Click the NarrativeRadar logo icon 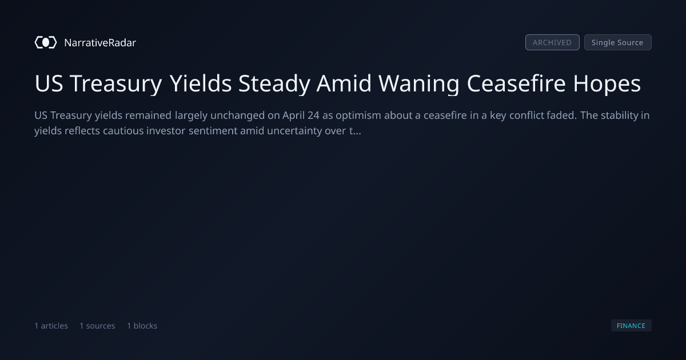pos(46,42)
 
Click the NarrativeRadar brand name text pos(100,43)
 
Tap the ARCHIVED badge pos(552,42)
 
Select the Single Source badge pos(618,42)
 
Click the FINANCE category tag pos(631,325)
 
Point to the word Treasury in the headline pos(115,84)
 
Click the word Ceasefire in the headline pos(516,83)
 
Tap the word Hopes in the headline pos(607,84)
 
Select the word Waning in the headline pos(419,84)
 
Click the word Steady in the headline pos(274,84)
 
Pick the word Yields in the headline pos(201,83)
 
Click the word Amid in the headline pos(344,83)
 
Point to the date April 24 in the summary pos(301,115)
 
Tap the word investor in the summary pos(166,131)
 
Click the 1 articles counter pos(51,326)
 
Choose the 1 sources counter pos(97,326)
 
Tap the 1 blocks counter pos(142,326)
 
